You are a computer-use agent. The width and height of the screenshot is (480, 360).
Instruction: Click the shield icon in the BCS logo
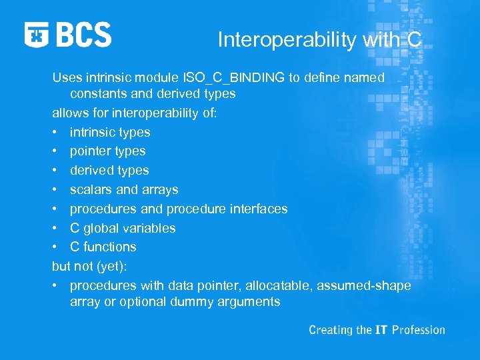[37, 35]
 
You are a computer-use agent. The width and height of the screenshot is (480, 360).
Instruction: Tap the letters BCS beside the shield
[84, 35]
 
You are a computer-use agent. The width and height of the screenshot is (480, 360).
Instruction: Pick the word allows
[69, 113]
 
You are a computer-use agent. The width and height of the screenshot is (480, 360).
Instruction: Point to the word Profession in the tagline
[418, 330]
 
